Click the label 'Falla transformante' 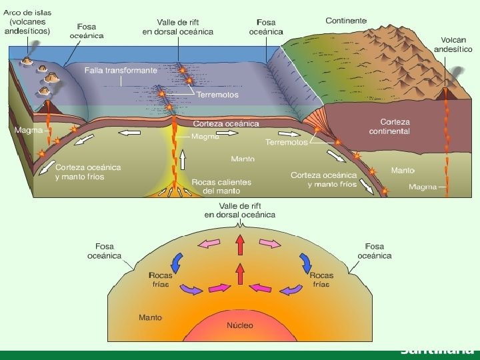pos(121,70)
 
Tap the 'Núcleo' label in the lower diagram pos(240,325)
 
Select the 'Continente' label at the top pos(346,21)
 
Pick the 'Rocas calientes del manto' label pos(221,186)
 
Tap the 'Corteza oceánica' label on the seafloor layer pos(226,123)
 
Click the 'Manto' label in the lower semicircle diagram pos(150,317)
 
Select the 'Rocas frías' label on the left pos(160,279)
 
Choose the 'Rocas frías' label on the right pos(321,279)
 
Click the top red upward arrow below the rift pos(240,245)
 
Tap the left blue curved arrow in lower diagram pos(178,260)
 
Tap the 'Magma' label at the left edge pos(28,130)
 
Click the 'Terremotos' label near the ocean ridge pos(217,95)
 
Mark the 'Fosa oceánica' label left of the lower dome pos(104,251)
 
